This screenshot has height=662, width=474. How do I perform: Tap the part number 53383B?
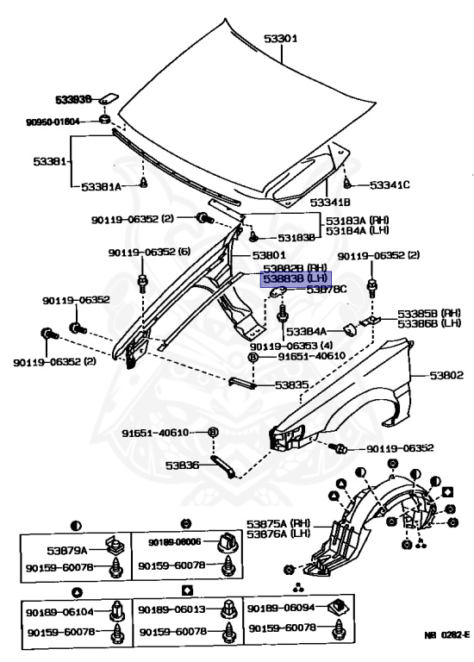[73, 99]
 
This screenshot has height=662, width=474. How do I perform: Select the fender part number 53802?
[446, 375]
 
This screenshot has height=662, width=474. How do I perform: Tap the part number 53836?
[183, 465]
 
